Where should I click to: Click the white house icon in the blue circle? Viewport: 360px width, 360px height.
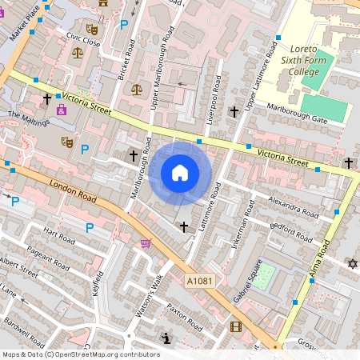[x=180, y=173]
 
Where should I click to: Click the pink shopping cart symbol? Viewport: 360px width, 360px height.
[x=146, y=243]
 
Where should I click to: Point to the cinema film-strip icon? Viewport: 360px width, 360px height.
[x=235, y=326]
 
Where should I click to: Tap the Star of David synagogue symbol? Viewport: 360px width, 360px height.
[x=351, y=264]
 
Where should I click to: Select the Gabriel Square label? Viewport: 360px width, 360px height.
[x=250, y=283]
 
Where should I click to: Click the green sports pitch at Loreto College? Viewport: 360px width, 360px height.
[x=324, y=108]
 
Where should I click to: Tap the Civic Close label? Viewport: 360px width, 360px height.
[x=83, y=41]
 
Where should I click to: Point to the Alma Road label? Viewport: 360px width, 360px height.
[x=322, y=258]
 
